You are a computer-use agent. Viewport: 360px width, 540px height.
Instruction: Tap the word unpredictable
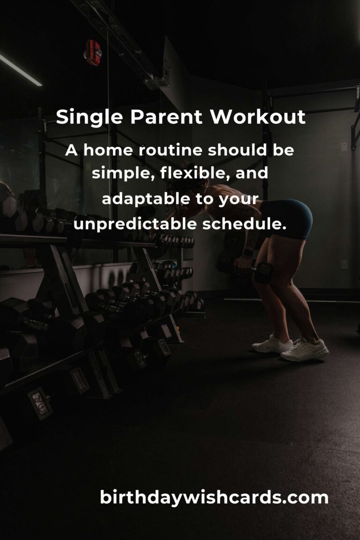135,224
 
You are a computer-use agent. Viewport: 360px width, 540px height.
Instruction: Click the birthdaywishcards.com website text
214,497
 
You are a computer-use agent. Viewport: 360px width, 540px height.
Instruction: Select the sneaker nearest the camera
305,350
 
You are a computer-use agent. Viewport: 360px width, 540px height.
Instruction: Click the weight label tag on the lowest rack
40,403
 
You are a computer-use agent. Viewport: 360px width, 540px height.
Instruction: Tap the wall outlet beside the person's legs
344,264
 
